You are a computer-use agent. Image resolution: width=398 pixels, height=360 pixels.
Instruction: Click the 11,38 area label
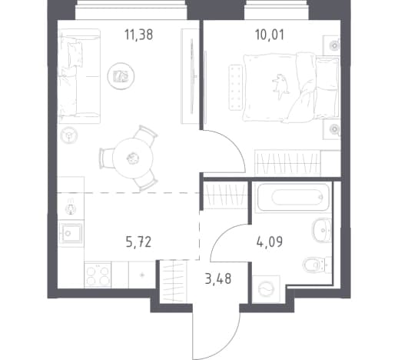(138, 35)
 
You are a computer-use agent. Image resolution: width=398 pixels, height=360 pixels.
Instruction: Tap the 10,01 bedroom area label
(270, 35)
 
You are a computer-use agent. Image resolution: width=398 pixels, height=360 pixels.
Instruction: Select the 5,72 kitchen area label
(138, 242)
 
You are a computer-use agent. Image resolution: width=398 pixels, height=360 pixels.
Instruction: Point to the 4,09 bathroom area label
(270, 242)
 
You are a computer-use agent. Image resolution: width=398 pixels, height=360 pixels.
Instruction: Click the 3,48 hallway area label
(218, 278)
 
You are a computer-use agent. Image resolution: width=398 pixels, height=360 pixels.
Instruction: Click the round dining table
(133, 158)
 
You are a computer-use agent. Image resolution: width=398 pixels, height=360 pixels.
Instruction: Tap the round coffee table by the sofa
(121, 76)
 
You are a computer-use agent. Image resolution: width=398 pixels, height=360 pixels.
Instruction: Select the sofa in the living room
(79, 76)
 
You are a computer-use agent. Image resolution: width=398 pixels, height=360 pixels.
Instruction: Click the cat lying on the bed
(281, 86)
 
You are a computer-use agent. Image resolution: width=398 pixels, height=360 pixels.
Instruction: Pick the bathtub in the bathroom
(293, 197)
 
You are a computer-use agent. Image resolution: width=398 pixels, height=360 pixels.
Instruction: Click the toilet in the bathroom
(317, 265)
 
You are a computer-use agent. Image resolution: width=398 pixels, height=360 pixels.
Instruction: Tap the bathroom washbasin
(322, 230)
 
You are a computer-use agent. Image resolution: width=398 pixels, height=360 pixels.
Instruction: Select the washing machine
(266, 289)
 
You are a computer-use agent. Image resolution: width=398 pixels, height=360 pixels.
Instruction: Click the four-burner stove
(98, 275)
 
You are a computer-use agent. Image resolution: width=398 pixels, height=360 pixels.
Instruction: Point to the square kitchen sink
(71, 233)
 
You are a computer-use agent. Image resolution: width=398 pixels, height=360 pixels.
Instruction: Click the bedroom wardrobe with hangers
(289, 162)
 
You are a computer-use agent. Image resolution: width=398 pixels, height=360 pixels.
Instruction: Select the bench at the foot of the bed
(235, 88)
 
